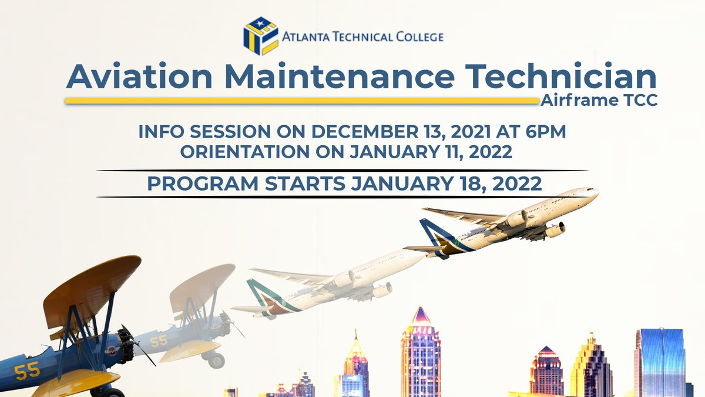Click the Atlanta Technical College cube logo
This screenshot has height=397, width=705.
coord(260,36)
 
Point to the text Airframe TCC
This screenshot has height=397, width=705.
coord(599,101)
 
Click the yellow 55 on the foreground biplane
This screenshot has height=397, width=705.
coord(28,371)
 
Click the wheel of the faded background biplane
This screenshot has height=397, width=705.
coord(216,360)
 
